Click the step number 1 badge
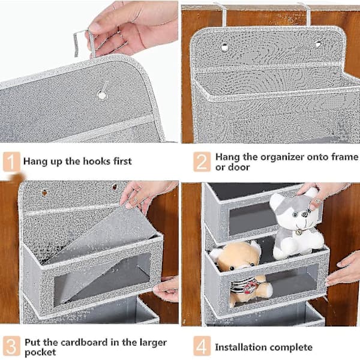11,161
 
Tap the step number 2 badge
202,161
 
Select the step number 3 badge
11,346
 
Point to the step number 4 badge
202,346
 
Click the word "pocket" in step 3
40,352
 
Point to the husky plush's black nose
304,214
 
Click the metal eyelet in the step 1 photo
101,94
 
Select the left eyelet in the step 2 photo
224,47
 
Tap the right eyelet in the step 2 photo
318,44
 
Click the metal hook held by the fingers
84,44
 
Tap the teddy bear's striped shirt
241,286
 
